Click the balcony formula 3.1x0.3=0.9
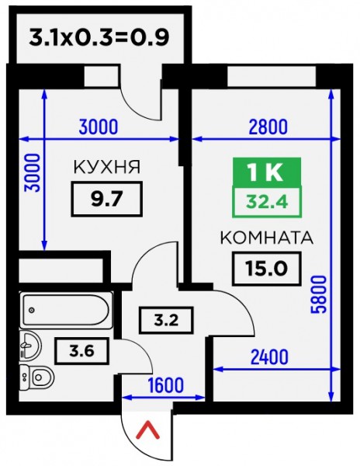click(99, 37)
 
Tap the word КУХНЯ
click(107, 167)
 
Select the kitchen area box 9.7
click(107, 199)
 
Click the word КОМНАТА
click(267, 238)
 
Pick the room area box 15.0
click(267, 269)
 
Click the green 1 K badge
click(267, 172)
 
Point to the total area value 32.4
click(267, 203)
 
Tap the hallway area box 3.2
click(166, 320)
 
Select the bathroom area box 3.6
click(81, 351)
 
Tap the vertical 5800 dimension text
click(319, 294)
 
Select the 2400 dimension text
click(269, 357)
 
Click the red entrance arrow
click(147, 431)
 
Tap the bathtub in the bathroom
click(66, 310)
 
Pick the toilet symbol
click(36, 377)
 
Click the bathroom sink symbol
click(29, 346)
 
